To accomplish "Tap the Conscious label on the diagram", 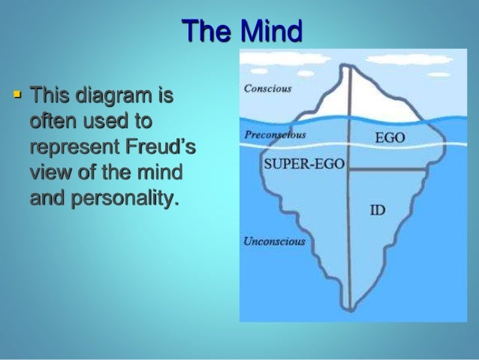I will click(268, 88).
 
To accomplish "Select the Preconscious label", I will click(276, 135).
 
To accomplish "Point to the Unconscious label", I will click(275, 241).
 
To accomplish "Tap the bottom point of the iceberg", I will click(349, 310).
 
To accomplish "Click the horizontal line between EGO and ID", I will click(384, 170).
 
